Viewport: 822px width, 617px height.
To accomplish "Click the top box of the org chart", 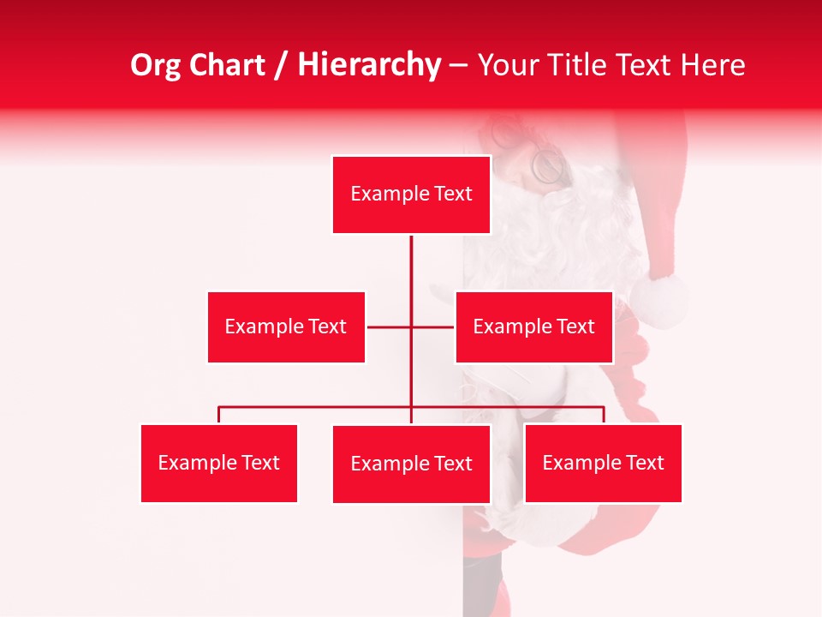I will click(x=411, y=195).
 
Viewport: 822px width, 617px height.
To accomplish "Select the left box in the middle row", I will click(x=286, y=326).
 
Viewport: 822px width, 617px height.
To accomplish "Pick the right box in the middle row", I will click(x=533, y=326).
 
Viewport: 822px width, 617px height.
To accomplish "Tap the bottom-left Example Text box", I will click(x=218, y=463).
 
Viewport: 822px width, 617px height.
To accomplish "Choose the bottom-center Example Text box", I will click(x=411, y=464).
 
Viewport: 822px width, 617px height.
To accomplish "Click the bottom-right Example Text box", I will click(x=603, y=463).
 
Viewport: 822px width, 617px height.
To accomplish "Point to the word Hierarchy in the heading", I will click(x=369, y=65).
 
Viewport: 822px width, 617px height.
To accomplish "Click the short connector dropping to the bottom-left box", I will click(x=218, y=416).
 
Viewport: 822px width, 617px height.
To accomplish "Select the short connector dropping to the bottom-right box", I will click(x=604, y=416).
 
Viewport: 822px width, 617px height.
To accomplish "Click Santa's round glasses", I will click(x=549, y=165).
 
